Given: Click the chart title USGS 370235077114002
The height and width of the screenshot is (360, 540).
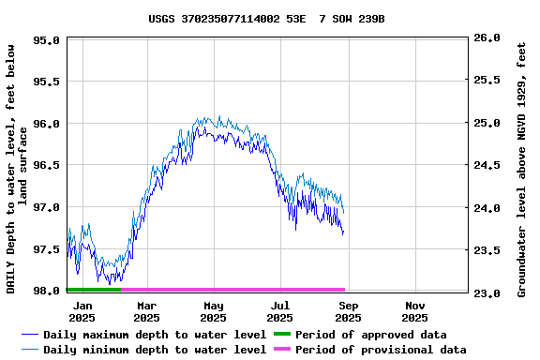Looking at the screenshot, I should click(x=266, y=19).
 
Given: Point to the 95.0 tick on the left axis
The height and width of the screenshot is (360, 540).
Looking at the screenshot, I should click(x=47, y=40).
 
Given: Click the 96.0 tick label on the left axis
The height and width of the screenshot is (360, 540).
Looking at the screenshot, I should click(x=47, y=124).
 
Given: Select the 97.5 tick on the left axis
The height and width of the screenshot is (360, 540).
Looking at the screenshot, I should click(x=47, y=249).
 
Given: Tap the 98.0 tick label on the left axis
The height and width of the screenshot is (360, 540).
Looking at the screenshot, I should click(x=47, y=291).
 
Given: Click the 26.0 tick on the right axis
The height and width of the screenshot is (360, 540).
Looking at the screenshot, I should click(x=487, y=38).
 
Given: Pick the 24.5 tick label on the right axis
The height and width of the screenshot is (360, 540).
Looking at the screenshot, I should click(x=487, y=166).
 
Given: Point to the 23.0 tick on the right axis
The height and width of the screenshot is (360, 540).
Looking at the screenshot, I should click(x=487, y=293).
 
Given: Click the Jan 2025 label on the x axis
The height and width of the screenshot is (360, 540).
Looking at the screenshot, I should click(x=82, y=311).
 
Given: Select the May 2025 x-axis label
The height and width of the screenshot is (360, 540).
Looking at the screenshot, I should click(x=214, y=311).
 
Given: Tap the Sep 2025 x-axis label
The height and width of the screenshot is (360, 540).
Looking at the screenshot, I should click(x=348, y=311).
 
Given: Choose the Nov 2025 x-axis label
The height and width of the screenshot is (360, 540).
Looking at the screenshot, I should click(x=415, y=311).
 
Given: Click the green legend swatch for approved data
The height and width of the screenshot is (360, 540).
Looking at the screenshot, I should click(x=281, y=335).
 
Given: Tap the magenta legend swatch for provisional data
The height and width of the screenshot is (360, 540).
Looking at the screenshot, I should click(x=281, y=350).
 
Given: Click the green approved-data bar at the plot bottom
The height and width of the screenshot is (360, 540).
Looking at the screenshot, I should click(x=94, y=290).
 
